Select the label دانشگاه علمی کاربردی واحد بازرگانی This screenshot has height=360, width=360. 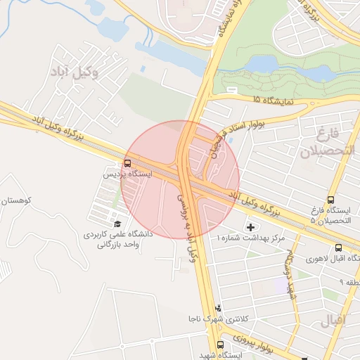(x=115, y=240)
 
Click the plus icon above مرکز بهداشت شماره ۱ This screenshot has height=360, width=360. (x=252, y=227)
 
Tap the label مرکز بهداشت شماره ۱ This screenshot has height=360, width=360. (x=251, y=239)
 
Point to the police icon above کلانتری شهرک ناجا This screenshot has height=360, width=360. (x=219, y=307)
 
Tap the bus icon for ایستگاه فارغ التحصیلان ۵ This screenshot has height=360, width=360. (x=330, y=199)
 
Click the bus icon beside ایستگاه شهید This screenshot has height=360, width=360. (x=221, y=345)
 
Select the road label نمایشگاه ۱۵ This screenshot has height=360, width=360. (x=270, y=101)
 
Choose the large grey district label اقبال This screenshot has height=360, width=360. (x=334, y=323)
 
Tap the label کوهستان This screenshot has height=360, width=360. (x=14, y=200)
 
